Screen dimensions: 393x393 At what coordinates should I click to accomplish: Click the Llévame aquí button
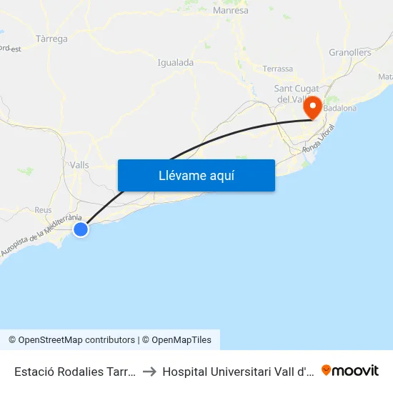coord(196,176)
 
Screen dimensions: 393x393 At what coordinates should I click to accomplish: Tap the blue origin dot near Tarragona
coord(81,229)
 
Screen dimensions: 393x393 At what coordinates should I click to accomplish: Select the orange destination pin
coord(313,108)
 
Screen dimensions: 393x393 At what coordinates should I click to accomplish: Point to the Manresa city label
coord(231,11)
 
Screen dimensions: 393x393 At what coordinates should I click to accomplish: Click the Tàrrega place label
coord(51,39)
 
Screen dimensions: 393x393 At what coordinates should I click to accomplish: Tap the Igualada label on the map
coord(175,62)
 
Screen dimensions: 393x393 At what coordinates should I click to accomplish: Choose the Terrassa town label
coord(277,69)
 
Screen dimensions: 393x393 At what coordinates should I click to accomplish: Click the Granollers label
coord(350,52)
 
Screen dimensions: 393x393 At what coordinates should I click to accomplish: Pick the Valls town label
coord(79,164)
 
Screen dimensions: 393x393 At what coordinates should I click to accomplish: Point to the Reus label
coord(43,210)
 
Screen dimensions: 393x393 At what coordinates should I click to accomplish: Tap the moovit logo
coord(350,370)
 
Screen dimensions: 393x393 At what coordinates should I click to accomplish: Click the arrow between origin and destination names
coord(149,371)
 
